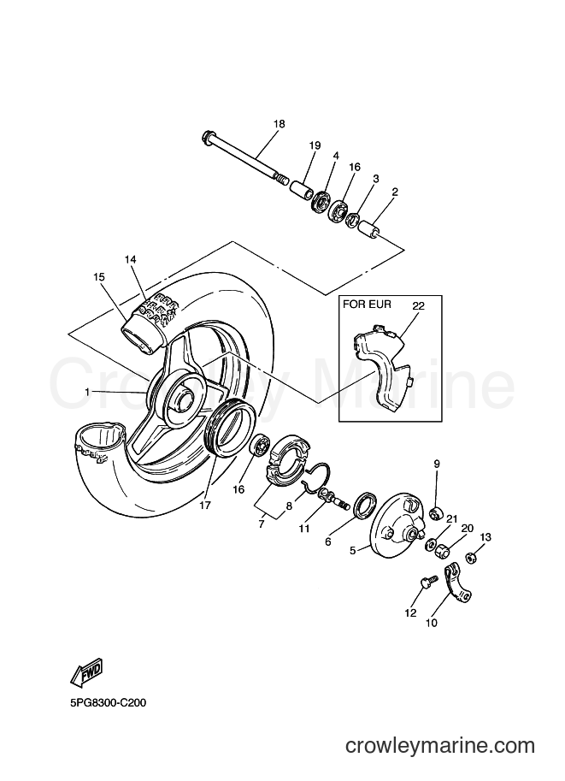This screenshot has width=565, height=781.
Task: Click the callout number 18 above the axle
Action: coord(280,124)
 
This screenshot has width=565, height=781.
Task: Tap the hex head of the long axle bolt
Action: coord(207,135)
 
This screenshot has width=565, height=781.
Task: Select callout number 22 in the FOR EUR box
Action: coord(418,306)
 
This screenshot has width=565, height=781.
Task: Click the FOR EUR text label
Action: coord(368,304)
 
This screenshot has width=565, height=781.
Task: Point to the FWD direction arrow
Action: coord(87,673)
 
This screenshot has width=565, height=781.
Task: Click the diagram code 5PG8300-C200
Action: coord(108,703)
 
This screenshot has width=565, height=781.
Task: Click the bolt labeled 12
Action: coord(428,583)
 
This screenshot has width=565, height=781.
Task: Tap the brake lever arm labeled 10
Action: coord(457,583)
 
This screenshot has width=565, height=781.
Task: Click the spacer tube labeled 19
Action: coord(302,191)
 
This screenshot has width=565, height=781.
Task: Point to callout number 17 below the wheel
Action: coord(205,505)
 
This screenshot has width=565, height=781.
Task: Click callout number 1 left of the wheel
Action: coord(87,392)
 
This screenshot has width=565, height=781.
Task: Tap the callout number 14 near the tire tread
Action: coord(131,259)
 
